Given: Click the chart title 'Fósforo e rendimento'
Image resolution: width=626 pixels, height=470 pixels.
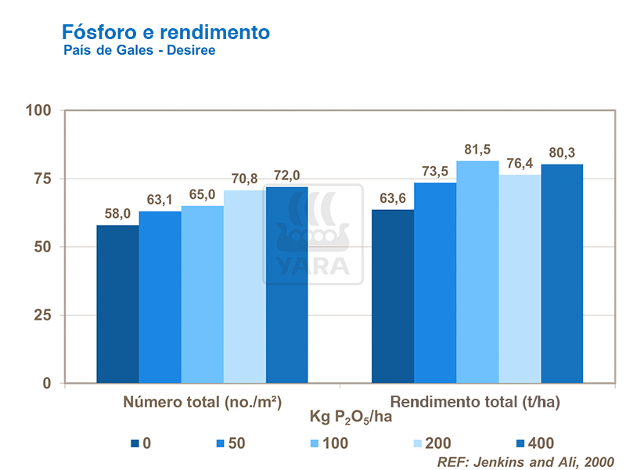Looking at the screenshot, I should [x=165, y=32].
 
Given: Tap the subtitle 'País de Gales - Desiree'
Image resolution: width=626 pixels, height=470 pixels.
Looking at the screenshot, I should [x=139, y=51].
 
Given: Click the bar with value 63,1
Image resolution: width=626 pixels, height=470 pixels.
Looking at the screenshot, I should [x=160, y=297].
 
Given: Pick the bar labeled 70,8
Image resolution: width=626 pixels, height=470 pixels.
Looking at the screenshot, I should [x=245, y=287].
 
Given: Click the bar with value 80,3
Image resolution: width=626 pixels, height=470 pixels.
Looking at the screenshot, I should [x=562, y=273].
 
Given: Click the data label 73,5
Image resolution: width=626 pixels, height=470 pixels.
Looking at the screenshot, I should [x=435, y=171].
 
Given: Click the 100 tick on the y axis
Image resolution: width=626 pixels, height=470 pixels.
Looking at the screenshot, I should [x=38, y=110].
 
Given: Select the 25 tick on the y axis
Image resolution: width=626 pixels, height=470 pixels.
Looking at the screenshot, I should [x=43, y=315].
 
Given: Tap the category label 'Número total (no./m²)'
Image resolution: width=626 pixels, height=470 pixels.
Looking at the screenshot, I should [x=202, y=403].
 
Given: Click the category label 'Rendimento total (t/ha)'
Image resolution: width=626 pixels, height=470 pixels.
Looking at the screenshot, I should [x=476, y=403].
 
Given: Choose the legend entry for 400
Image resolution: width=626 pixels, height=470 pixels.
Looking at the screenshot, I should [x=535, y=443].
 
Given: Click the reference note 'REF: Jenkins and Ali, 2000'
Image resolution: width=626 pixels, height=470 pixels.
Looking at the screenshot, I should [x=525, y=461].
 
